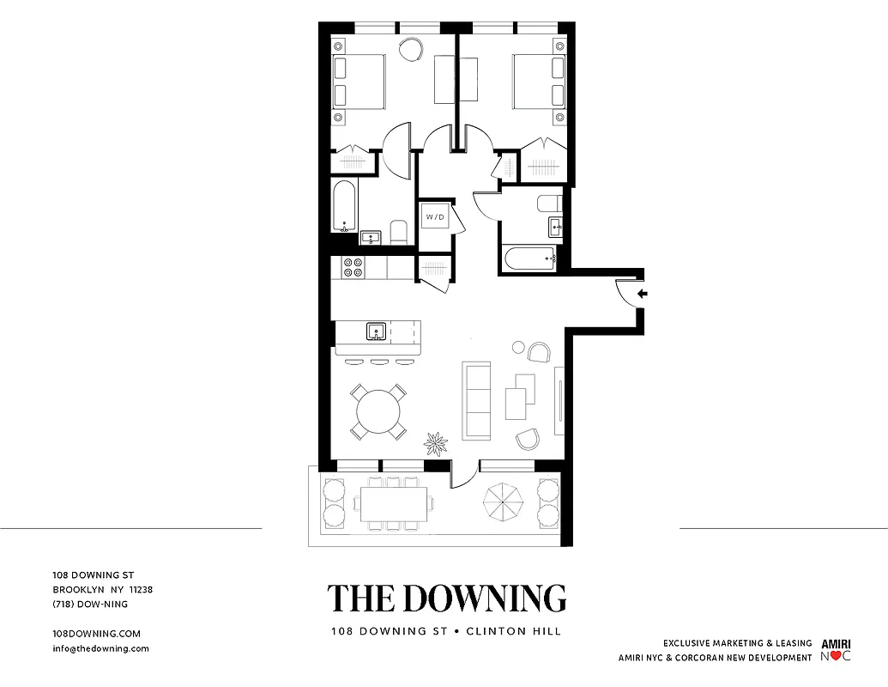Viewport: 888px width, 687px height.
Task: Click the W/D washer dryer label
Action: (435, 217)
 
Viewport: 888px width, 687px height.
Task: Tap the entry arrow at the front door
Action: (642, 294)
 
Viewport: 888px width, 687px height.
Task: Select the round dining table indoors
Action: (378, 412)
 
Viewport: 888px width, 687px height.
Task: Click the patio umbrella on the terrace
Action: (504, 503)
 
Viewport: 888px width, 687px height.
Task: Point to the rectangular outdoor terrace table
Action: (394, 504)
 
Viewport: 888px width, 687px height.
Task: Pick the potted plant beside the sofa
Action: (436, 443)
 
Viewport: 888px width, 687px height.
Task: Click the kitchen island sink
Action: (376, 331)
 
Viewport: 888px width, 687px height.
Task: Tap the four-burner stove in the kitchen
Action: (353, 267)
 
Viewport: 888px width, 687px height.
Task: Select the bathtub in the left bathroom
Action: (344, 205)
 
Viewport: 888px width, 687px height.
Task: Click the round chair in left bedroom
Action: (412, 50)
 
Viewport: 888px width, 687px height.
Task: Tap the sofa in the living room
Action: (476, 399)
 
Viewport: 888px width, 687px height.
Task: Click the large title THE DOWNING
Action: (446, 598)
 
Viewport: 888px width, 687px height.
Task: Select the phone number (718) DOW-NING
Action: (90, 604)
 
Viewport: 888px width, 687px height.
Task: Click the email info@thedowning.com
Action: (100, 648)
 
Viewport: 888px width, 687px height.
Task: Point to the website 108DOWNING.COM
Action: (96, 633)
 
